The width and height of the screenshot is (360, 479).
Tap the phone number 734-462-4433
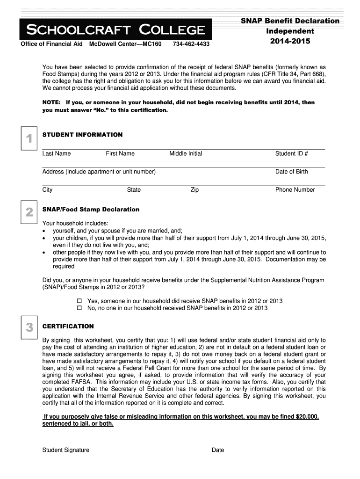pyautogui.click(x=191, y=44)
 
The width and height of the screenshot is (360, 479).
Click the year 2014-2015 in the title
pyautogui.click(x=290, y=41)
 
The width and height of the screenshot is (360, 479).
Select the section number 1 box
pyautogui.click(x=29, y=138)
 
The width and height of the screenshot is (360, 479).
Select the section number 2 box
pyautogui.click(x=29, y=213)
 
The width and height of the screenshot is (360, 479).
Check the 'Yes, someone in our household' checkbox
pyautogui.click(x=79, y=301)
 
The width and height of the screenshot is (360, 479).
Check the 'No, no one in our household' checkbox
pyautogui.click(x=79, y=308)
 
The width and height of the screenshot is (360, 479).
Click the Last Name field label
pyautogui.click(x=57, y=153)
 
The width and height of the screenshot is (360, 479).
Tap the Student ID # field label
pyautogui.click(x=291, y=153)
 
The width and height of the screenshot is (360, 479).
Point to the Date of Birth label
pyautogui.click(x=291, y=172)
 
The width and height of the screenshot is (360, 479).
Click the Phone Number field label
pyautogui.click(x=295, y=190)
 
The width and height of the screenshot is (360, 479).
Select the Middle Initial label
pyautogui.click(x=186, y=153)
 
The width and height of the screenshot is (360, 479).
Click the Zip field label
pyautogui.click(x=194, y=190)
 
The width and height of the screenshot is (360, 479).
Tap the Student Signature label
pyautogui.click(x=65, y=450)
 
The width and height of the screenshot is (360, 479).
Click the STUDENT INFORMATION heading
pyautogui.click(x=82, y=135)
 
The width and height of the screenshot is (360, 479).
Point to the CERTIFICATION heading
pyautogui.click(x=68, y=326)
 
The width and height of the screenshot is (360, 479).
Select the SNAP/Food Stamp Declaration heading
pyautogui.click(x=91, y=209)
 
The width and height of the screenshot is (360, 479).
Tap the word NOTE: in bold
pyautogui.click(x=51, y=102)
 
